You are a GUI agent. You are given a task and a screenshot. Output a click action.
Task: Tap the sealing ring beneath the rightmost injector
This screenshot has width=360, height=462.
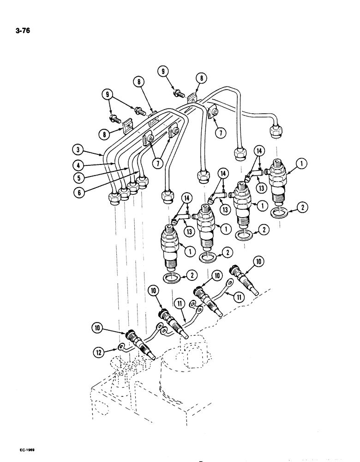(x=276, y=213)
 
